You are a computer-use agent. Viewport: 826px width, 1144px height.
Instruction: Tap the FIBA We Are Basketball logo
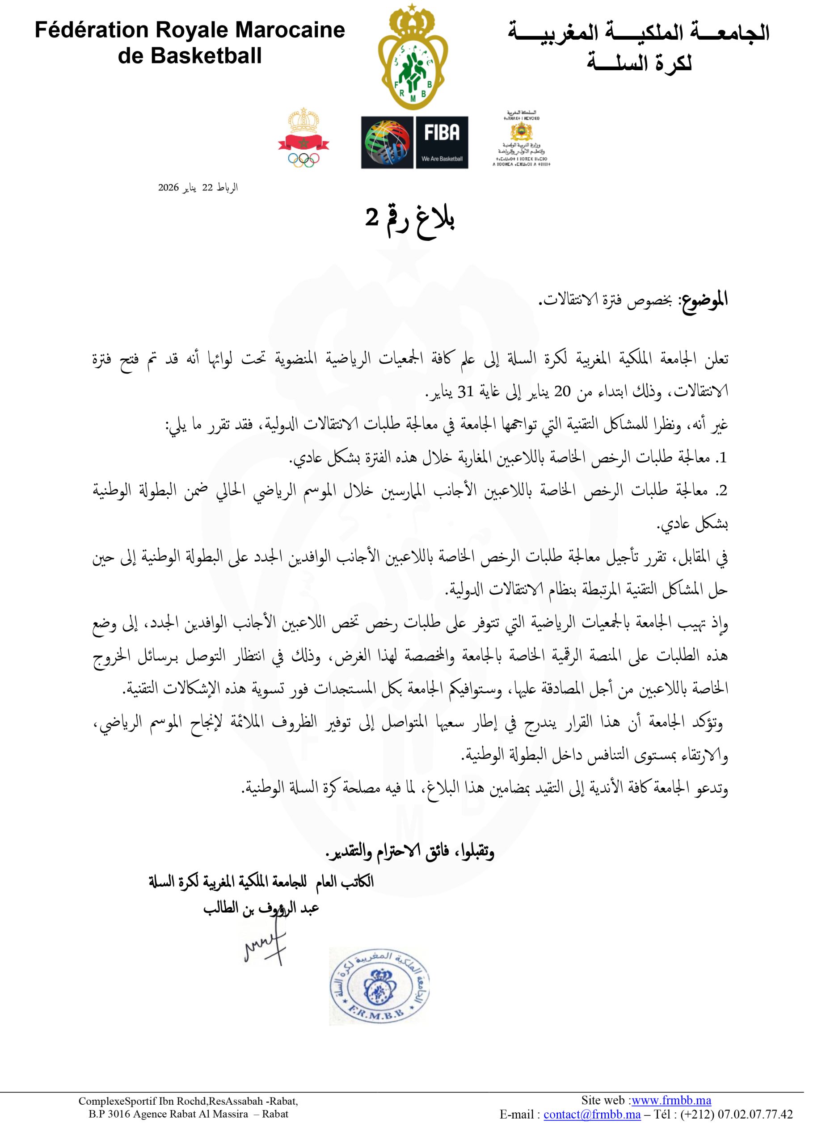pyautogui.click(x=414, y=142)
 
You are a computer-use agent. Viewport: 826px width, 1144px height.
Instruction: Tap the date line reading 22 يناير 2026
pyautogui.click(x=198, y=188)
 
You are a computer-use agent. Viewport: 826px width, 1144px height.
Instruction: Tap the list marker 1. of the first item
pyautogui.click(x=723, y=458)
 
